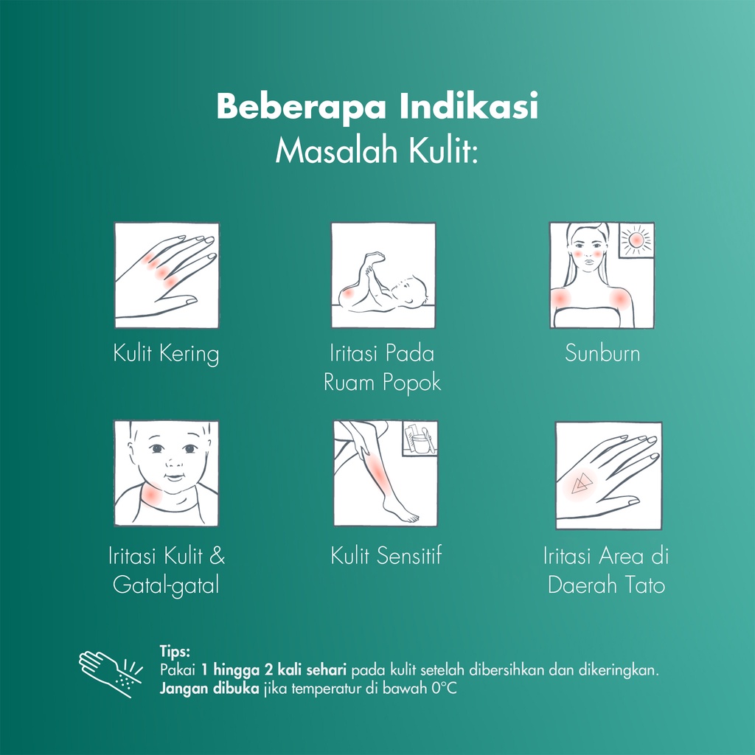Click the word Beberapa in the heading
(301, 107)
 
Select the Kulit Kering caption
(166, 354)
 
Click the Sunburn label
(602, 353)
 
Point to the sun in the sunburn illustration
(636, 240)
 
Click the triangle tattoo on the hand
(581, 484)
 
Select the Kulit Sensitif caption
(386, 556)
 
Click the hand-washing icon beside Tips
(111, 673)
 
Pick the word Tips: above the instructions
(175, 652)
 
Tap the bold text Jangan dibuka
(209, 689)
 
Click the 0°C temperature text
(443, 689)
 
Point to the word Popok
(411, 383)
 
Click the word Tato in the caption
(644, 585)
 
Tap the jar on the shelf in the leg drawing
(421, 442)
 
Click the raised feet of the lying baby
(374, 260)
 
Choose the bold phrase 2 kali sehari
(305, 670)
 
